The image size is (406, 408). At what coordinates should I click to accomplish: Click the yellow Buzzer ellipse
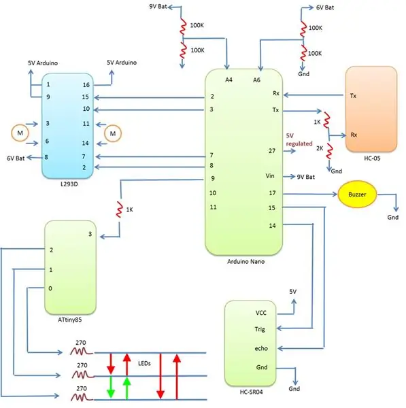[357, 194]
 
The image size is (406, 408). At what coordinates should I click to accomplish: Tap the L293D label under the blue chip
[69, 184]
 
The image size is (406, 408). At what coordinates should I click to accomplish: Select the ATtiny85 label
[69, 320]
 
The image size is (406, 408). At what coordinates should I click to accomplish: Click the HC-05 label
[372, 158]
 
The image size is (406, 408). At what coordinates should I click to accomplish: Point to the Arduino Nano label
[246, 262]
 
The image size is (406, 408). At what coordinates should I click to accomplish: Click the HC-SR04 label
[251, 392]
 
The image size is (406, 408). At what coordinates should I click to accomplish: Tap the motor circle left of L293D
[20, 133]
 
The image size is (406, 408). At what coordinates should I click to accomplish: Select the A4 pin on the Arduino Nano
[229, 80]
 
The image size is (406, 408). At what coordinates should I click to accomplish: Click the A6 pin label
[256, 80]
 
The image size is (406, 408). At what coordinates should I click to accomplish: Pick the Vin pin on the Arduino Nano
[270, 176]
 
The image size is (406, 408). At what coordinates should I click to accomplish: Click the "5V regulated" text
[299, 139]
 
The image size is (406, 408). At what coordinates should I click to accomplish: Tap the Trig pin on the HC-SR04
[260, 329]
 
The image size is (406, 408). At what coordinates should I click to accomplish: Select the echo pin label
[261, 348]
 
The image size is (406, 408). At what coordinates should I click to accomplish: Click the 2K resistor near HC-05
[329, 152]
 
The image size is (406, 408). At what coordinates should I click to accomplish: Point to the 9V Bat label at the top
[158, 7]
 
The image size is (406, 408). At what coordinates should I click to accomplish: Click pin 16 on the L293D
[86, 85]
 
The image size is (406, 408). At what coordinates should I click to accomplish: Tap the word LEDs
[144, 364]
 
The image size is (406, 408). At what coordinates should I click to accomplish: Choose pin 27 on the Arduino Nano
[272, 151]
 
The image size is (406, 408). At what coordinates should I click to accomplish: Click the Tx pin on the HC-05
[353, 96]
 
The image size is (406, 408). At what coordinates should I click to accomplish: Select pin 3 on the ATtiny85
[90, 234]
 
